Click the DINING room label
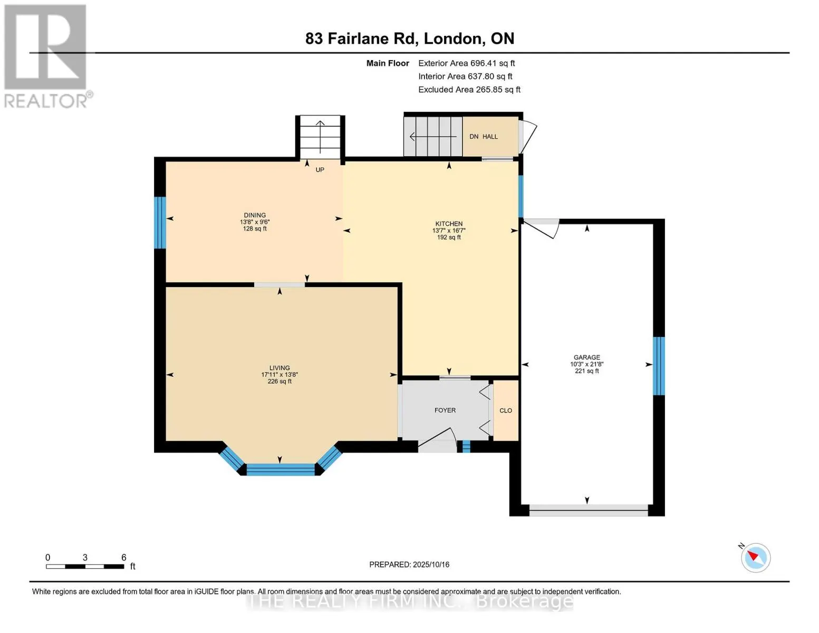tap(255, 215)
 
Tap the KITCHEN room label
tap(448, 224)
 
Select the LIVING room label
tap(280, 368)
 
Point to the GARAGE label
tap(586, 357)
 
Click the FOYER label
tap(445, 410)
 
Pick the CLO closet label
tap(505, 410)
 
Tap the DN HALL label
tap(483, 137)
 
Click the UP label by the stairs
tap(320, 170)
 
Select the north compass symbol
tap(755, 558)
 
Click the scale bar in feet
tap(85, 566)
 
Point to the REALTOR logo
tap(47, 56)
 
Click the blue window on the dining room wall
tap(160, 223)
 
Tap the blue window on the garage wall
tap(659, 366)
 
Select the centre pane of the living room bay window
tap(280, 469)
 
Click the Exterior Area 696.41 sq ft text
tap(466, 63)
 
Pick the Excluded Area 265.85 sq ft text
tap(469, 90)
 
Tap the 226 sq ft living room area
tap(280, 381)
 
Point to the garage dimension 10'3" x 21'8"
tap(586, 364)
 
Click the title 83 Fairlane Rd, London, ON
tap(410, 39)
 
